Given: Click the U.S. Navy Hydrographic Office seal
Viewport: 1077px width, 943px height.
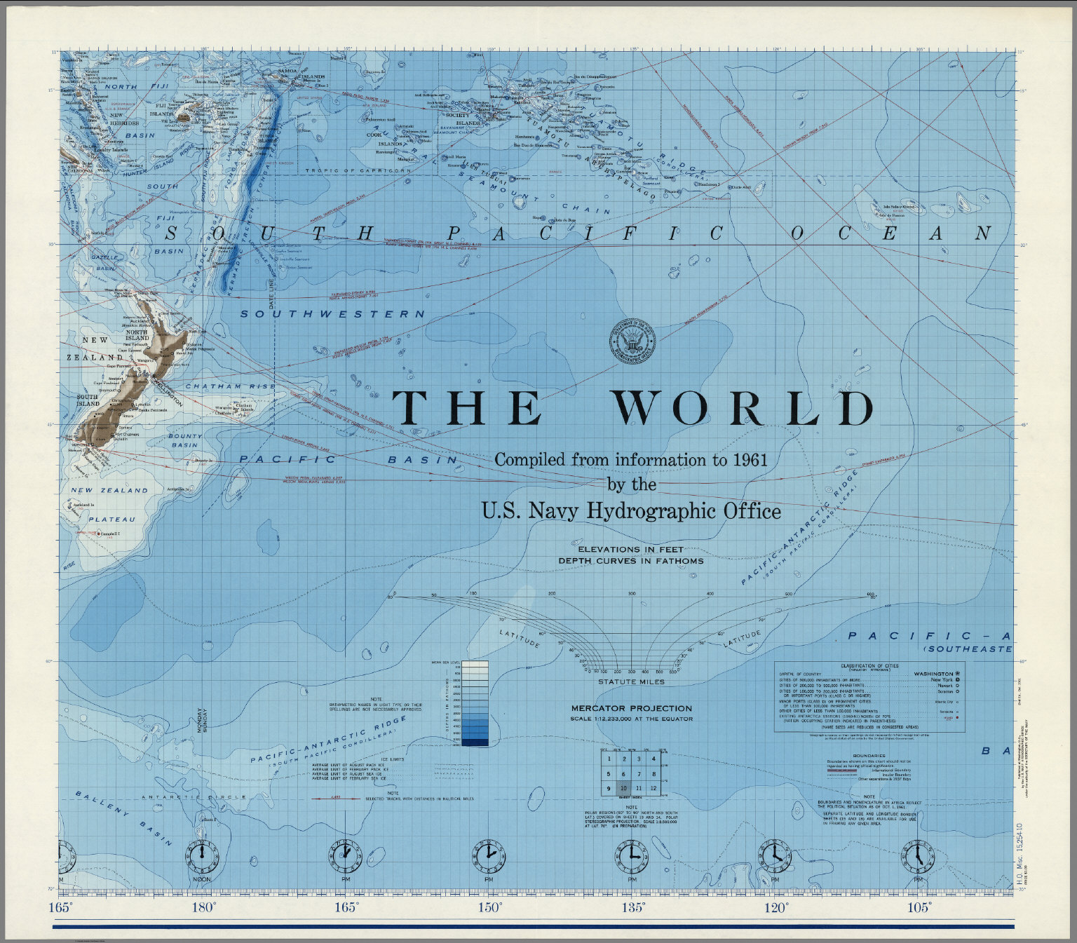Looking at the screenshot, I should [632, 344].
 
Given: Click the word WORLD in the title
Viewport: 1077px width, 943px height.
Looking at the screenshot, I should [744, 407].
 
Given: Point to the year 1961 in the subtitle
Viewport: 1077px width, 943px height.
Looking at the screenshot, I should [750, 460].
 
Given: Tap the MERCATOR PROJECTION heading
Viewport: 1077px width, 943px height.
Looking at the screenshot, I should [631, 708].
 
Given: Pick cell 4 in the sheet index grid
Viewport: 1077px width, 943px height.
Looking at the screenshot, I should [653, 759].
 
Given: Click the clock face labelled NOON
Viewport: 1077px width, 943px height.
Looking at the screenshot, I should [202, 856].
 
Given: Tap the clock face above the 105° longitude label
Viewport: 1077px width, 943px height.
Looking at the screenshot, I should [918, 856].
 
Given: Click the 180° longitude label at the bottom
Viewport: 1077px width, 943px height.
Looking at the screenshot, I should [203, 907].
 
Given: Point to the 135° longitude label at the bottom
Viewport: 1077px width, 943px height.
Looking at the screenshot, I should [632, 907].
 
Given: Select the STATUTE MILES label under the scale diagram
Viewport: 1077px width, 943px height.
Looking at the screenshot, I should [631, 681].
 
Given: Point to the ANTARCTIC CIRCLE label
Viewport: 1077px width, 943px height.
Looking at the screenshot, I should [194, 797].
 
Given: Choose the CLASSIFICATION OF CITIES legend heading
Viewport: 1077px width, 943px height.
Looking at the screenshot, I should [869, 666].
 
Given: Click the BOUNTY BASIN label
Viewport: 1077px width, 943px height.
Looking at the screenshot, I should [185, 440].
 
